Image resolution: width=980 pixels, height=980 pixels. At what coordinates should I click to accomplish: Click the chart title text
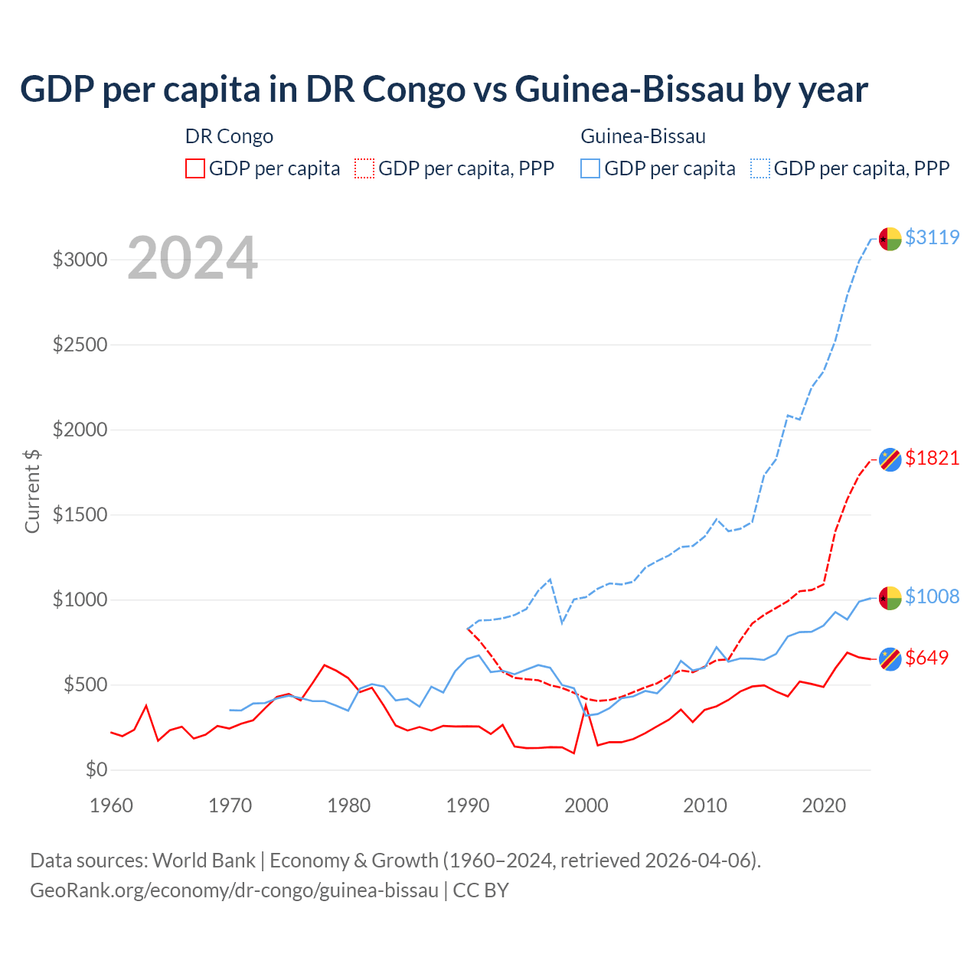[444, 89]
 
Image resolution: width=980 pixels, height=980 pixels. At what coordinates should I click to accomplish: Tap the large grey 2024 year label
[192, 258]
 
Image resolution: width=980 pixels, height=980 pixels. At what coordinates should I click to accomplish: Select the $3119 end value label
[932, 237]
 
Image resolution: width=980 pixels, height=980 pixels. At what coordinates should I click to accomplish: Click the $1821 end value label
[932, 458]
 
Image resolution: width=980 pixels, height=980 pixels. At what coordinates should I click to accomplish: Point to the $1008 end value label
[932, 596]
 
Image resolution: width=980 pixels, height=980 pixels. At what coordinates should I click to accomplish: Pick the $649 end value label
[926, 658]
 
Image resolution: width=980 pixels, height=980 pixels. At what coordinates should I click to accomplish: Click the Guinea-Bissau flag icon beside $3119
[890, 239]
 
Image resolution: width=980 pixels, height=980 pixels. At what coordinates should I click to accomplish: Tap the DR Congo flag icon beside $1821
[890, 459]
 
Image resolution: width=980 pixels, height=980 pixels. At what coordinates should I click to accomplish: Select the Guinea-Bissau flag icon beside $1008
[890, 598]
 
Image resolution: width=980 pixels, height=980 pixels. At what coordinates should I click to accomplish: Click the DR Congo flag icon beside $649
[890, 658]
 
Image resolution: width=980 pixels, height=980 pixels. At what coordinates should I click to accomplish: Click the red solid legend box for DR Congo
[195, 168]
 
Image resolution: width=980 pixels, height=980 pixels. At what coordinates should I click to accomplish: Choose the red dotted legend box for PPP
[364, 168]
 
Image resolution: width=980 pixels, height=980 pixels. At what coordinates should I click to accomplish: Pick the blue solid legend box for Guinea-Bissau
[590, 168]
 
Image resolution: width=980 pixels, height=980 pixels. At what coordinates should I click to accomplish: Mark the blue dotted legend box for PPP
[760, 168]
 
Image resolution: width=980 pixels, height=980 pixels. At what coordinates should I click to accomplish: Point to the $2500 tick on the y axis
[80, 345]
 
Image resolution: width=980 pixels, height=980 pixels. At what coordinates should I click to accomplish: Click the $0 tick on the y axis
[96, 769]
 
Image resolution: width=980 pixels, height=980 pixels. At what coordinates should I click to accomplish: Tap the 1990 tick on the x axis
[468, 805]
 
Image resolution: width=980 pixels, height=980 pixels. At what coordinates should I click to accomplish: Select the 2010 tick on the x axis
[705, 805]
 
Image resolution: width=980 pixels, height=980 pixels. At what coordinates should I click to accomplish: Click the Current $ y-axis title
[32, 492]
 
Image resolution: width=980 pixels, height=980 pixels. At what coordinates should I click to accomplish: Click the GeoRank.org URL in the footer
[234, 890]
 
